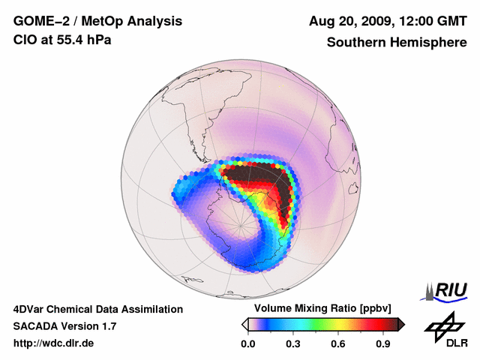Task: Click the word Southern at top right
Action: tap(355, 43)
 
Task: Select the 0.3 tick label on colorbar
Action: tap(293, 344)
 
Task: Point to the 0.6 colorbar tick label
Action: tap(338, 344)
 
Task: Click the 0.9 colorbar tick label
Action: tap(383, 344)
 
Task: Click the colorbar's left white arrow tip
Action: tap(244, 324)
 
